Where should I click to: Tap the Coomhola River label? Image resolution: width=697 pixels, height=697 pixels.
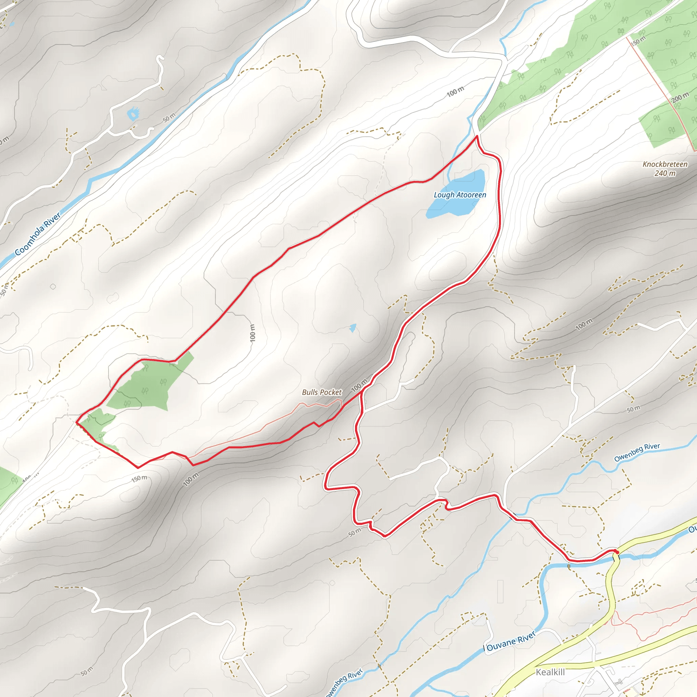point(37,234)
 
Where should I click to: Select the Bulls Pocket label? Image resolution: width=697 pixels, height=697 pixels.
point(322,392)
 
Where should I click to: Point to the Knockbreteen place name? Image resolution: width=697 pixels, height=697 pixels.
point(665,164)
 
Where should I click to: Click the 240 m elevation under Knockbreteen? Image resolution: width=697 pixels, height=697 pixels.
point(665,173)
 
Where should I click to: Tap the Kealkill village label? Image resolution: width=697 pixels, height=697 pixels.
point(550,672)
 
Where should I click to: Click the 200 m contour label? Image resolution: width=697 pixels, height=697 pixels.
point(680,97)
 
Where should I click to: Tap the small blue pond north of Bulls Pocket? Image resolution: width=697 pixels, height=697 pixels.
point(353,328)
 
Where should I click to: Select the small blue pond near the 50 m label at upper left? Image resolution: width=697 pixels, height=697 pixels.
point(133,114)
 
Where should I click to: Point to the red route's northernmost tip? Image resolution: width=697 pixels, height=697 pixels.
point(477,136)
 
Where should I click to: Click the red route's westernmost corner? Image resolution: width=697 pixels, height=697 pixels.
point(77,421)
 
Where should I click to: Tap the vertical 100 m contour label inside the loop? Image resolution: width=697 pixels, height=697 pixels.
point(253,333)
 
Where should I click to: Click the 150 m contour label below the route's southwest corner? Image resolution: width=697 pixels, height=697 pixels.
point(139,479)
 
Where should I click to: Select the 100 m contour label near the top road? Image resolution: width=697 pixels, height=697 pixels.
point(455,92)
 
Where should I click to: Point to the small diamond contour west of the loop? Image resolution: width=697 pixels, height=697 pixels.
point(53,287)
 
